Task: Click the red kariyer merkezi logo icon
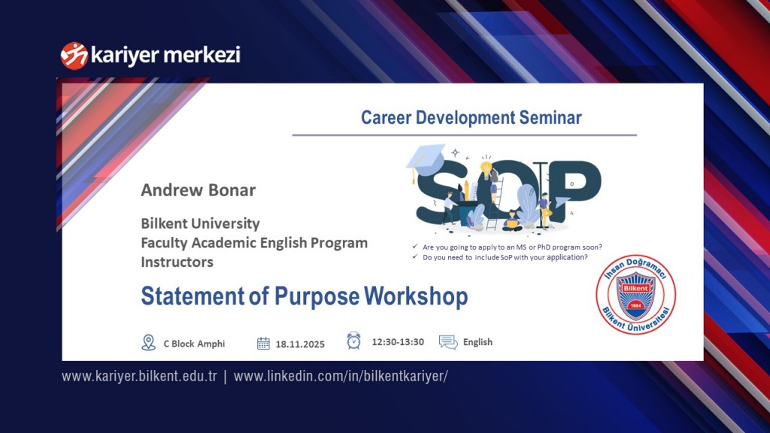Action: pos(74,55)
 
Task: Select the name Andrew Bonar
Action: pos(199,190)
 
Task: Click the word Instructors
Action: pos(177,262)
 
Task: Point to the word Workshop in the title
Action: pos(416,296)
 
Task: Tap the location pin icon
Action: pos(149,343)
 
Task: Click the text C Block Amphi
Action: pos(194,344)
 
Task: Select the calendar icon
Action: pos(263,344)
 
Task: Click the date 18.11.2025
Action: pos(300,344)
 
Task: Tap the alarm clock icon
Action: pos(354,341)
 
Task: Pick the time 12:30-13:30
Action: pos(398,342)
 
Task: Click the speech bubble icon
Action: pos(448,343)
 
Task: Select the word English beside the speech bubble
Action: pos(477,342)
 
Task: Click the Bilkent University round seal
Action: pos(635,293)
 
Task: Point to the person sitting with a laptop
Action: pos(511,219)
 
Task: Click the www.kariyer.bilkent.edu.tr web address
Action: pos(139,376)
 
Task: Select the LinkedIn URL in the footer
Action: pos(341,376)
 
